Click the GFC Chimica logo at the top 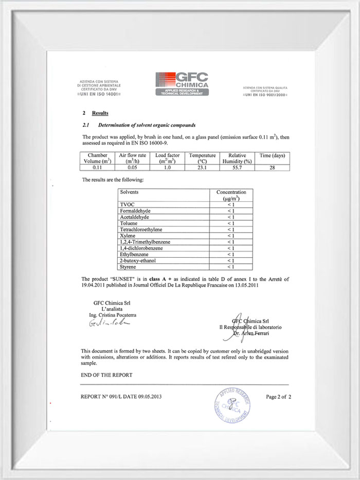click(182, 83)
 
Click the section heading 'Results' click(100, 112)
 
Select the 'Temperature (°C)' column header click(201, 158)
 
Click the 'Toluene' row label click(129, 223)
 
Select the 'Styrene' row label click(128, 266)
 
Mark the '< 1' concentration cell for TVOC click(231, 205)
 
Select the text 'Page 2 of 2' click(279, 397)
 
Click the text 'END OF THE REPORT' click(106, 375)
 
